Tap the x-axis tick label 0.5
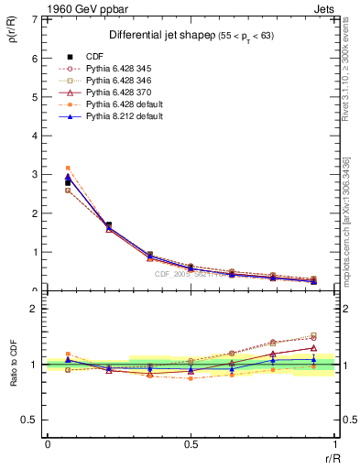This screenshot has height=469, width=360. (x=191, y=444)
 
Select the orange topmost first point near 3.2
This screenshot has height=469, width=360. (x=68, y=169)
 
